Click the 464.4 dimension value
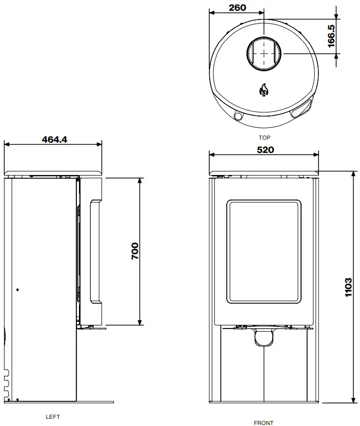click(55, 139)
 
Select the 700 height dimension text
click(135, 251)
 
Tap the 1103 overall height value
click(348, 287)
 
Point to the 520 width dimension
click(265, 150)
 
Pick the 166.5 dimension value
click(331, 36)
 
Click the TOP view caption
click(265, 138)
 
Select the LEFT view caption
click(53, 417)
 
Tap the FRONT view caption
click(264, 423)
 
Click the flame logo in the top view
click(264, 90)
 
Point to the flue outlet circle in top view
click(264, 52)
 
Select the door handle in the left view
click(95, 251)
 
